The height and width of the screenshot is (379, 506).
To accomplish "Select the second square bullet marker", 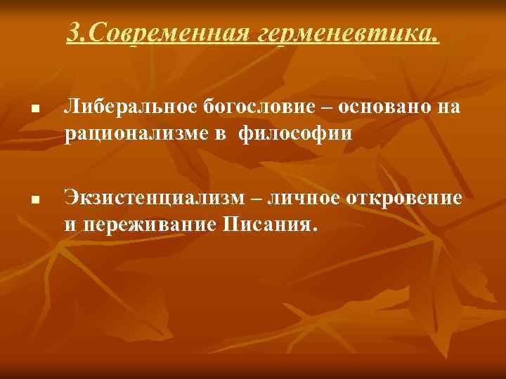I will (34, 202).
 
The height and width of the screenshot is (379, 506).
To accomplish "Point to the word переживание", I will (148, 224).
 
